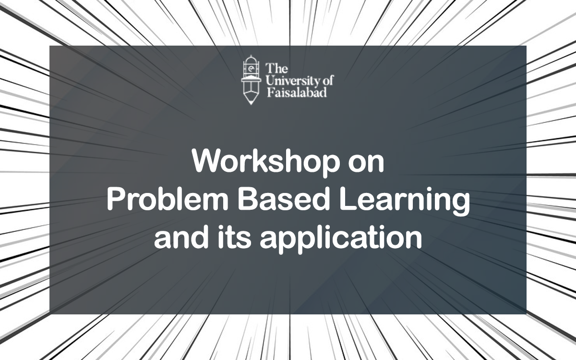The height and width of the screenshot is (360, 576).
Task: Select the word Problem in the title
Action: pos(168,200)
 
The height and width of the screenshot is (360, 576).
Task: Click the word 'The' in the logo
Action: pos(276,68)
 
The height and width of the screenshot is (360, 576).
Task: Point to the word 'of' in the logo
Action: pos(329,80)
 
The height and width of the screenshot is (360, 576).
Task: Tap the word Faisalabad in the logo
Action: pos(297,92)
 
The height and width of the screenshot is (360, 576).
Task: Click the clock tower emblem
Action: pos(251,80)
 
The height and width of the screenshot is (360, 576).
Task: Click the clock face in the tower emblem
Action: pos(251,69)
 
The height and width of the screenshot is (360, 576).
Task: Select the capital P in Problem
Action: pos(116,200)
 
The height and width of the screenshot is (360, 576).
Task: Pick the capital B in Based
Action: pos(247,200)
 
